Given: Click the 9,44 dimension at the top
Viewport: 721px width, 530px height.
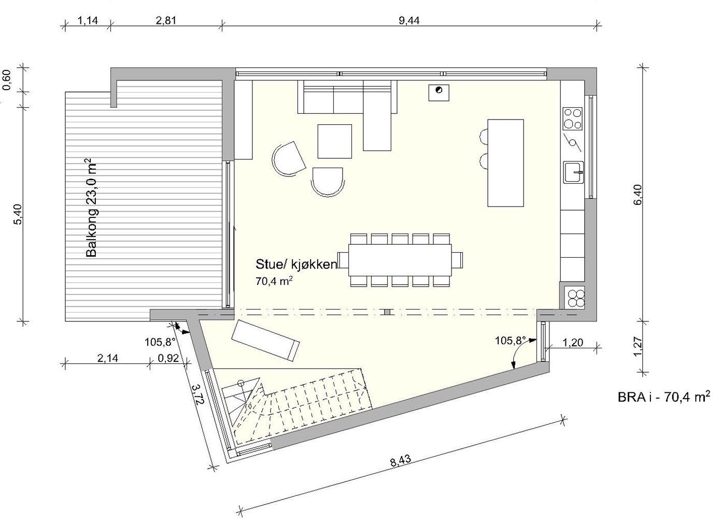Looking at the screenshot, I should [x=409, y=21].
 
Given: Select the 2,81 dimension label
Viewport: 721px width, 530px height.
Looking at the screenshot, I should [x=166, y=21].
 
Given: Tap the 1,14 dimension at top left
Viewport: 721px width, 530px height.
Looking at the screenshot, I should [x=88, y=21].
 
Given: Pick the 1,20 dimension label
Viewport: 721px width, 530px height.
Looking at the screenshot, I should [x=573, y=342].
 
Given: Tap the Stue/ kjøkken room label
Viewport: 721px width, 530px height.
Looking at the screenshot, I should [x=296, y=264].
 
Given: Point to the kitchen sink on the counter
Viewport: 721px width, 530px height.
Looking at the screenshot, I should [x=573, y=172].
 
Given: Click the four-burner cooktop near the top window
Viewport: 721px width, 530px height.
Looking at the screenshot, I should [x=573, y=119].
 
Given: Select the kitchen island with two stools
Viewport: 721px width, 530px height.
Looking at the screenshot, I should [x=505, y=163].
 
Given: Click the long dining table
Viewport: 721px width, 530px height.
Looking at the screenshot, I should [x=400, y=260].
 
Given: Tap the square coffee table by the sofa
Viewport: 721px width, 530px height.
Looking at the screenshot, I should [x=334, y=141].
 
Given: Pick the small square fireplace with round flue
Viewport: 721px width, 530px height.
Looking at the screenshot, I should [x=439, y=92].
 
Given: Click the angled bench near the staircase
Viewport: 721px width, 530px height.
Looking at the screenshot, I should [x=265, y=341].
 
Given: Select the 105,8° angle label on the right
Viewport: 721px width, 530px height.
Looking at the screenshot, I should [x=510, y=341].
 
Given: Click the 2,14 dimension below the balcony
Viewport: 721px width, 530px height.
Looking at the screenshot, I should [x=107, y=358].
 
